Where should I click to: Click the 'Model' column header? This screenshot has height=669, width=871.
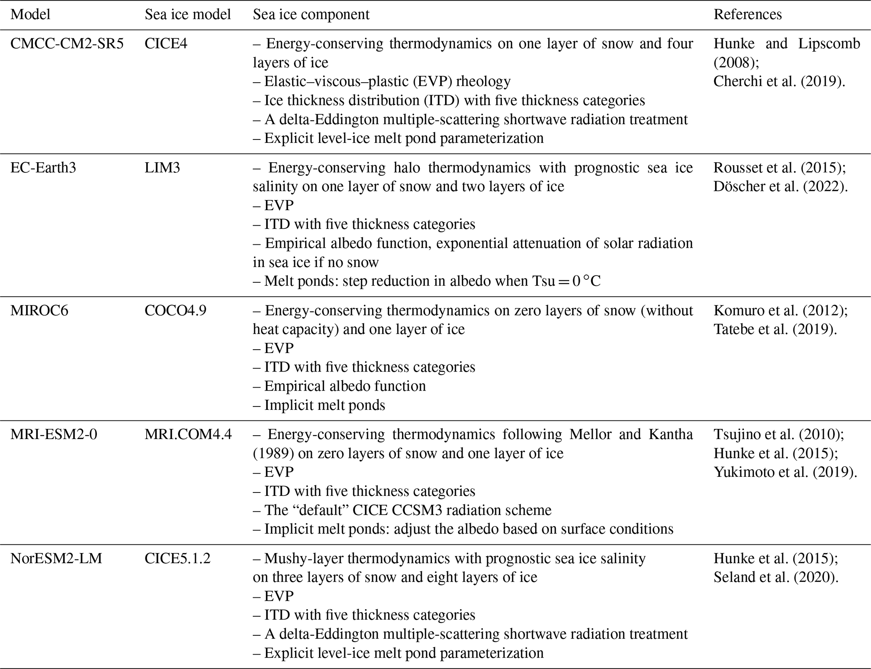tap(30, 15)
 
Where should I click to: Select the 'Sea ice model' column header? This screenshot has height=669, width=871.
tap(188, 15)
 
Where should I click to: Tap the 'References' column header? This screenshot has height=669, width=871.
tap(748, 15)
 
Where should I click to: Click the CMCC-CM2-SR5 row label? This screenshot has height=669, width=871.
tap(67, 44)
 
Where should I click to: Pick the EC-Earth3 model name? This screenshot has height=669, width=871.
tap(43, 168)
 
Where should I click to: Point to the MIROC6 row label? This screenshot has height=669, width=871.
tap(39, 310)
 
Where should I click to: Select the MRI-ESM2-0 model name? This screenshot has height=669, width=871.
tap(54, 434)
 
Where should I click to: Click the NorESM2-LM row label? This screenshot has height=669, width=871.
tap(56, 559)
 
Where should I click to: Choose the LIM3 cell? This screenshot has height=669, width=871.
tap(162, 168)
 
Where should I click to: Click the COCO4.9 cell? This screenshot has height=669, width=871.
tap(175, 310)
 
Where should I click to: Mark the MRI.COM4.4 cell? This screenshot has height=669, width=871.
tap(188, 434)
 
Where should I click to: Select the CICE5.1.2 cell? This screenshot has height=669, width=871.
tap(177, 559)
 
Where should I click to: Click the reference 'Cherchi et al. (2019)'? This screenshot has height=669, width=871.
tap(779, 81)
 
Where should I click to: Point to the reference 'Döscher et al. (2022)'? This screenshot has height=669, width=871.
tap(780, 186)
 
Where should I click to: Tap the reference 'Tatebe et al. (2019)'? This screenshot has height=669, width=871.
tap(775, 329)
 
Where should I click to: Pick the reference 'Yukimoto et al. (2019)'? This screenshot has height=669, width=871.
tap(785, 472)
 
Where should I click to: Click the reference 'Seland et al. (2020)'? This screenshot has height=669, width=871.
tap(776, 577)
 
